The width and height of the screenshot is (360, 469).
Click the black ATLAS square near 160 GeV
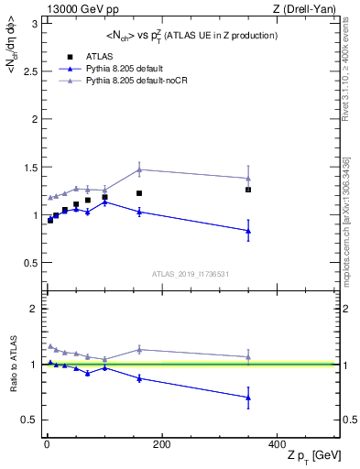tap(139, 193)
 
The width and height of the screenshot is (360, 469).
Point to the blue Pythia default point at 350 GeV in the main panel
tap(248, 231)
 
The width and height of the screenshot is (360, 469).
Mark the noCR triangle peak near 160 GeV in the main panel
tap(139, 169)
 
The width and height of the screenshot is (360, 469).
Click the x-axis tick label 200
tap(161, 444)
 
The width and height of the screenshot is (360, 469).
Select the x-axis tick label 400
tap(277, 444)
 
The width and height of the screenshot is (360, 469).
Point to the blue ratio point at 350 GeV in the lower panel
tap(248, 397)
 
